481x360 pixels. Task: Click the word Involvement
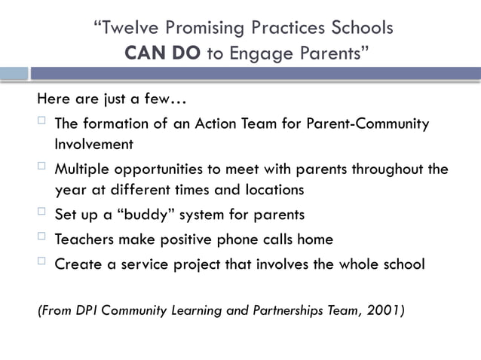click(x=93, y=143)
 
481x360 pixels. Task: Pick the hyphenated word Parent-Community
click(x=368, y=124)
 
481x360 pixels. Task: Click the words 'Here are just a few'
click(x=109, y=99)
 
